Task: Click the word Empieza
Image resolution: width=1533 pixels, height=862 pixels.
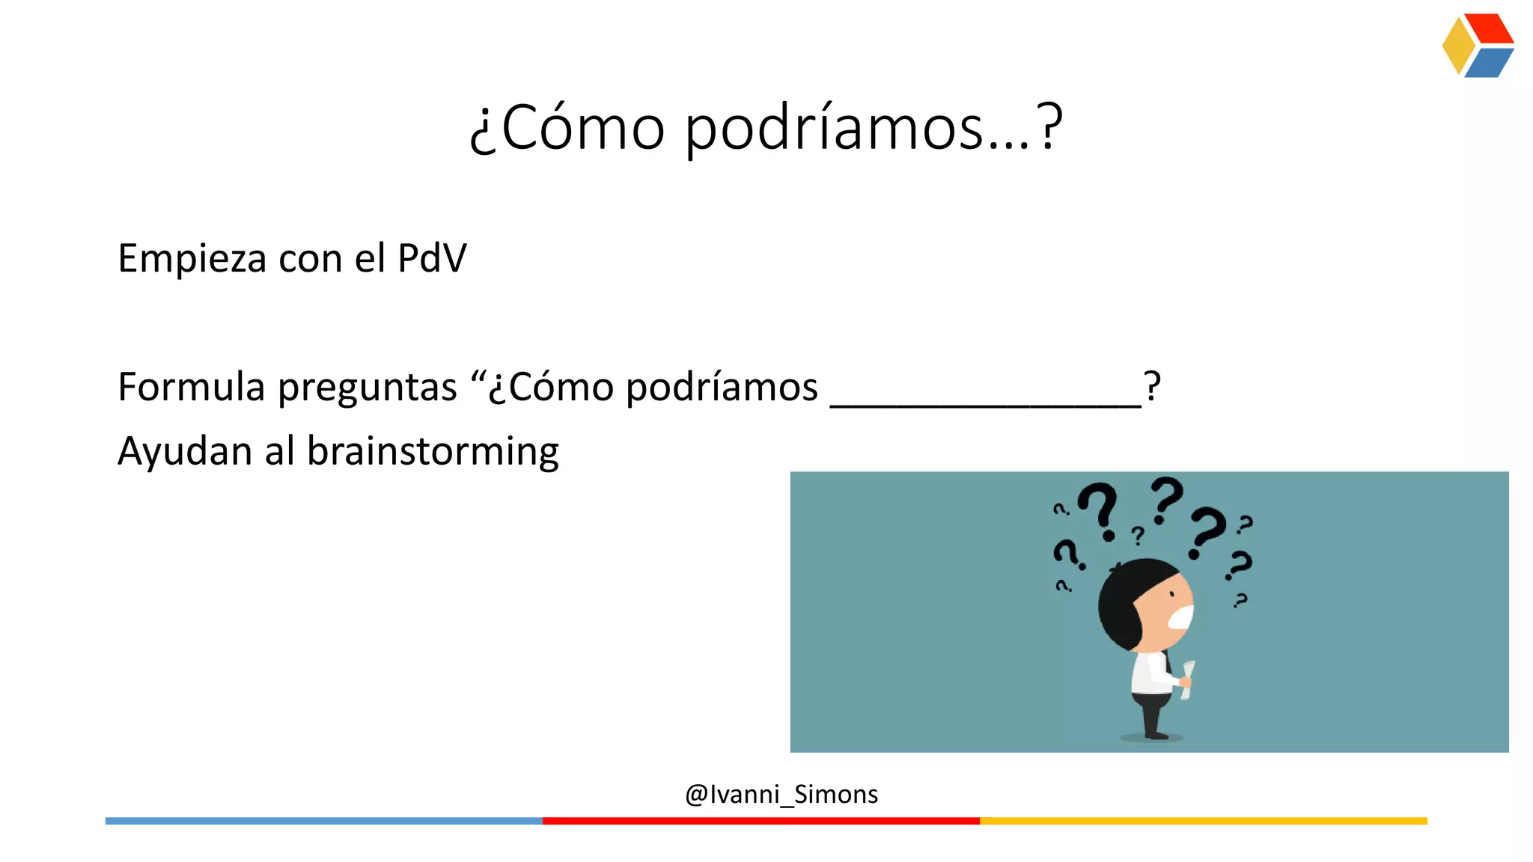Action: pyautogui.click(x=192, y=259)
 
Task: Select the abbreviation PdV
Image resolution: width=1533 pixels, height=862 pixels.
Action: pyautogui.click(x=432, y=258)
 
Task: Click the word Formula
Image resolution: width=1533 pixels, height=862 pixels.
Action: pyautogui.click(x=192, y=388)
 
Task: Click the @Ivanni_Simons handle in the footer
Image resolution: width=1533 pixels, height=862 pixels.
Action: pyautogui.click(x=781, y=794)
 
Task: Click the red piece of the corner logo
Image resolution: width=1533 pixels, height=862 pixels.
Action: pyautogui.click(x=1490, y=28)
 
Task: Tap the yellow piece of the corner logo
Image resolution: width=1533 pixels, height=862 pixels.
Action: pyautogui.click(x=1457, y=46)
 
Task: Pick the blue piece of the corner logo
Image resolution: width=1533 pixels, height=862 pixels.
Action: pyautogui.click(x=1489, y=63)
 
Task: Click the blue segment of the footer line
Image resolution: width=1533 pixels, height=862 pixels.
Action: pyautogui.click(x=323, y=821)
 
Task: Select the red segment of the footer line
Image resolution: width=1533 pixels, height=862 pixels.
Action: pyautogui.click(x=761, y=821)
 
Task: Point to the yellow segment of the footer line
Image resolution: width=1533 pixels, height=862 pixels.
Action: pyautogui.click(x=1204, y=821)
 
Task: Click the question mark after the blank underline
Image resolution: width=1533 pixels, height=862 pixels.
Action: pyautogui.click(x=1152, y=387)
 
